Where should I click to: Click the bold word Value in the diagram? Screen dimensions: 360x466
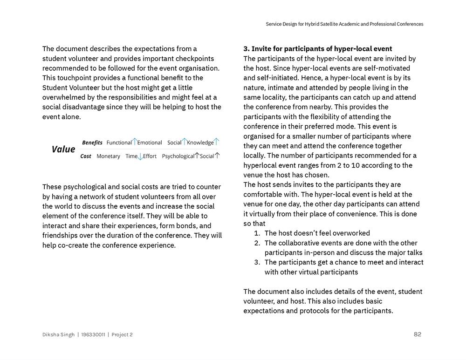pos(63,149)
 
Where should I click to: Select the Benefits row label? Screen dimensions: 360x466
pos(92,143)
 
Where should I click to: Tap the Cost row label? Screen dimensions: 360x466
pos(86,156)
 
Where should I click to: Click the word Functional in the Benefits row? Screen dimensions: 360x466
pos(119,143)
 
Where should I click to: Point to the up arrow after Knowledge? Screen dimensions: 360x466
pos(216,142)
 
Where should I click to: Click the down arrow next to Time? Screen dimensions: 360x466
pos(140,157)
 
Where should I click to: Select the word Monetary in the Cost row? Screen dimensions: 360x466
pos(108,156)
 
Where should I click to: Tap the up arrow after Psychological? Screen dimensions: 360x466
pos(197,156)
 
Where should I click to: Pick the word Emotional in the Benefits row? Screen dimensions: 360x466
pos(150,143)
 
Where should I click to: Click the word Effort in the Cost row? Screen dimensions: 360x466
pos(150,156)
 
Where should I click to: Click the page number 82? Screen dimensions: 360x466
pos(418,334)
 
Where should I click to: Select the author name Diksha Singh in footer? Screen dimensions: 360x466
pos(58,334)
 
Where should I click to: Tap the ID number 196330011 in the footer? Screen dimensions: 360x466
pos(93,334)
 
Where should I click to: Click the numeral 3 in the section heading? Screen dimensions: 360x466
pos(246,49)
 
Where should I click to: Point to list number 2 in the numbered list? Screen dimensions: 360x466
pos(257,243)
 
